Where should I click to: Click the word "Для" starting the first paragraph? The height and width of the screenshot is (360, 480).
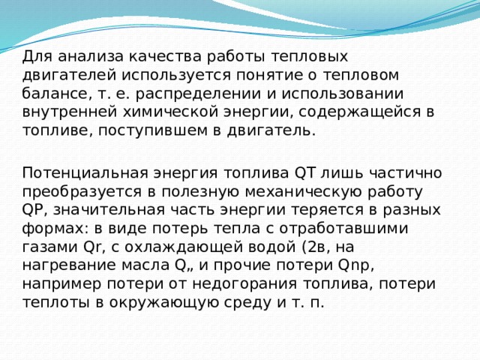[36, 55]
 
